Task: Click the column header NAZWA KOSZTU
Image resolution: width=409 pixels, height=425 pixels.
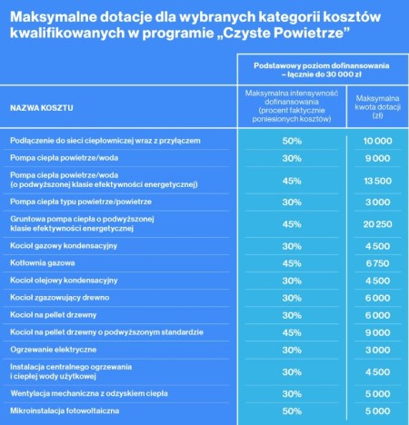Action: coord(42,108)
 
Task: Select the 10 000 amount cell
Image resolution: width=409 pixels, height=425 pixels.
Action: coord(377,142)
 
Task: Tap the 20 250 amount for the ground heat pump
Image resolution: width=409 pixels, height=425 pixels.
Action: coord(377,224)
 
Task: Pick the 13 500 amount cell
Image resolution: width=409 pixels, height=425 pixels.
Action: coord(377,180)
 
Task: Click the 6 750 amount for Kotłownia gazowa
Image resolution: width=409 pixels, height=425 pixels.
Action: coord(377,263)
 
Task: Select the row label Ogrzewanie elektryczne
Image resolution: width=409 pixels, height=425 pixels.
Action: coord(53,350)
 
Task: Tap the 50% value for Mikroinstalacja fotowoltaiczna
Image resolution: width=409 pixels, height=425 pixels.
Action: coord(291,411)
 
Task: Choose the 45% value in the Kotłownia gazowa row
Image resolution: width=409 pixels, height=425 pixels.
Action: coord(291,263)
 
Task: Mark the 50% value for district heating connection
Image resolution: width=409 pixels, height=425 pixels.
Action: coord(291,142)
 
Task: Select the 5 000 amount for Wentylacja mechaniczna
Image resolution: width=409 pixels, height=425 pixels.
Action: coord(377,394)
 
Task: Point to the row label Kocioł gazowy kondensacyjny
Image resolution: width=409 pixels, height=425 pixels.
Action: coord(65,246)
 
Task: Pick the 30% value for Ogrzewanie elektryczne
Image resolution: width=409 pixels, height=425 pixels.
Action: coord(291,350)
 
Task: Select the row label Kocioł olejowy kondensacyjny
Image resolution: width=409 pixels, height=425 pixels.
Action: coord(64,281)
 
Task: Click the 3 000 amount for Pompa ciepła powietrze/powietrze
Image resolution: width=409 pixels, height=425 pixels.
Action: coord(377,202)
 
